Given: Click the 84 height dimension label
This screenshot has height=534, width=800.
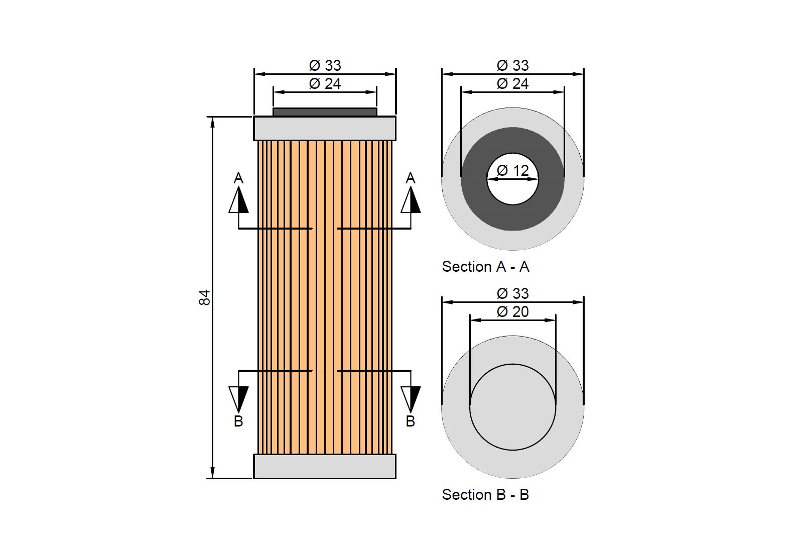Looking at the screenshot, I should coord(204,297).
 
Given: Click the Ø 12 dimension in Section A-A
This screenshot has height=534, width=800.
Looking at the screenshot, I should coord(513,171).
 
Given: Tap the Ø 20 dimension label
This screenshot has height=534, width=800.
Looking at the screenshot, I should coord(512,311).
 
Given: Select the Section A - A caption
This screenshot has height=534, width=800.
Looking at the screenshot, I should coord(485,267).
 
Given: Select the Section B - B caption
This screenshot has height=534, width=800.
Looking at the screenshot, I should coord(485,495).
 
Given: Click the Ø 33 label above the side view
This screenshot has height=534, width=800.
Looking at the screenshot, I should coord(325,65).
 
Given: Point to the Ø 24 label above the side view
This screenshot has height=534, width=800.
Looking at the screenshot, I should coord(325,84).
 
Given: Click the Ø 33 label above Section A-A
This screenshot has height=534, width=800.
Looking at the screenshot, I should coord(512,65).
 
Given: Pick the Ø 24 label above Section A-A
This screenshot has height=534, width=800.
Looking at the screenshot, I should coord(512,84).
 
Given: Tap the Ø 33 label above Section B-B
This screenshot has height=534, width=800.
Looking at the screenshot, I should coord(512,293).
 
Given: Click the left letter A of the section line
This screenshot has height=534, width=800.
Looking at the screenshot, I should coord(238,178).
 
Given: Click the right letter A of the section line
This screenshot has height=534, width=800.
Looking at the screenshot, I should coord(411,178).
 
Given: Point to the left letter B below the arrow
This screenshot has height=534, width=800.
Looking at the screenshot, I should coord(238,421).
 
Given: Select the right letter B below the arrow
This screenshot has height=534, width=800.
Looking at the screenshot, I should coord(411,421).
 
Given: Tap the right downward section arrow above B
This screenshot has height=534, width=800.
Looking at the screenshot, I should coord(411,398).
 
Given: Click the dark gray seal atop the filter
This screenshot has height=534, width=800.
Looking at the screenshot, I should coord(325,112).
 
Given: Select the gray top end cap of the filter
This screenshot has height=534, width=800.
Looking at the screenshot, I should coord(325,129).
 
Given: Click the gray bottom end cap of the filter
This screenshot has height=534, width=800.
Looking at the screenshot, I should coord(325,466).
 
